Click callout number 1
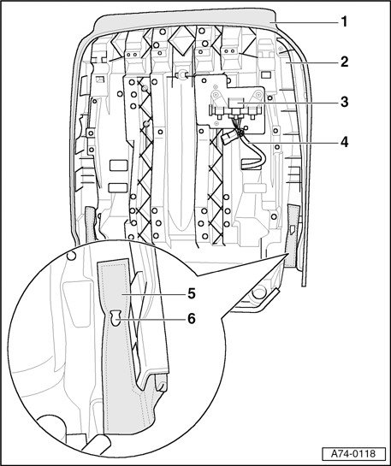pos(344,21)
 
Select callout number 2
pos(344,62)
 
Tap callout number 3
pos(344,102)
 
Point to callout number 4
pos(344,142)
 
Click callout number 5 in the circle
pos(192,294)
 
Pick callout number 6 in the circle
pos(192,319)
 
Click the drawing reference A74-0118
pos(353,454)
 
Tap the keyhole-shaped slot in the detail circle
pos(116,318)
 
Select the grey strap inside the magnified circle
pos(119,357)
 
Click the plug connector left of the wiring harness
pos(228,138)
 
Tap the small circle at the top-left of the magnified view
pos(71,256)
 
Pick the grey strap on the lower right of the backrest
pos(293,235)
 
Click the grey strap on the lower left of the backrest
pos(90,224)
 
